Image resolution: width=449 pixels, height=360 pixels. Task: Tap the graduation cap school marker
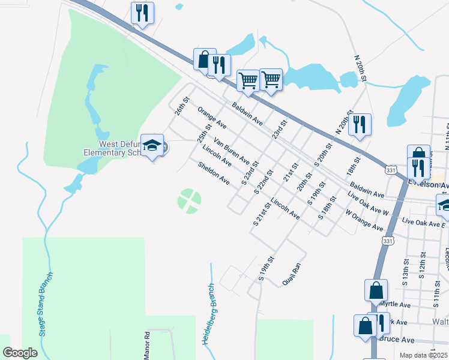pos(152,145)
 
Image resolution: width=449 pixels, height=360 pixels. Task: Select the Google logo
pos(20,352)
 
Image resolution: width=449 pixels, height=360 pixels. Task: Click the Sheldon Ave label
pos(214,172)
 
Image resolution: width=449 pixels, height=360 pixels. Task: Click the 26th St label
pos(182,106)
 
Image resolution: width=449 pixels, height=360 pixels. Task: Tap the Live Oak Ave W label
pos(368,204)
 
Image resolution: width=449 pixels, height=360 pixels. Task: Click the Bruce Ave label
pos(397,340)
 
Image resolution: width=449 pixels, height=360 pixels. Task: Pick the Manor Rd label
pos(146,346)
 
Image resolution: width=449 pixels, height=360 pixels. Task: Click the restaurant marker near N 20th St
pos(359,124)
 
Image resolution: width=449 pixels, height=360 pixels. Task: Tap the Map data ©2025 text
pos(424,355)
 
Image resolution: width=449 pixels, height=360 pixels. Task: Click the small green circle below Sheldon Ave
pos(190,201)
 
